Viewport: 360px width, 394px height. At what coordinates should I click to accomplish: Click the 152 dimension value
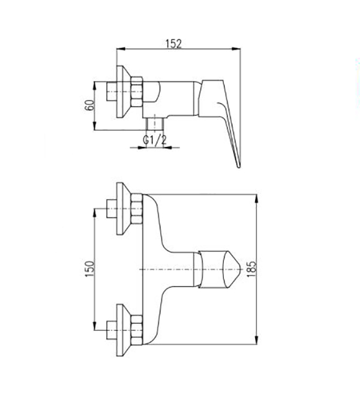point(173,43)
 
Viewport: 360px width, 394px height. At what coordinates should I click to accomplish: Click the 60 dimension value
point(89,106)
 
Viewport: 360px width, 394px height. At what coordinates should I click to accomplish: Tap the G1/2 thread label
point(155,140)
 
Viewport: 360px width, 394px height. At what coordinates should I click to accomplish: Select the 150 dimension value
point(89,269)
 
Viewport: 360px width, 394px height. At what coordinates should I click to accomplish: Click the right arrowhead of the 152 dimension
point(236,49)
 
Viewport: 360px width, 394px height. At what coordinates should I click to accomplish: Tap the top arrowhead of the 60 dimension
point(95,86)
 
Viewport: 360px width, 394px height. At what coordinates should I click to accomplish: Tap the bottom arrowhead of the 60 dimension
point(95,126)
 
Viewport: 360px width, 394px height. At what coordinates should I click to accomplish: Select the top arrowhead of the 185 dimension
point(256,198)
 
